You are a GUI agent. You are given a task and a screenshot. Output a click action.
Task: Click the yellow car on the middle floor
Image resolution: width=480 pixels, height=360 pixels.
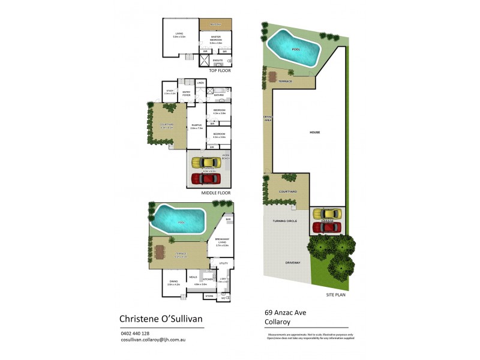tap(208, 163)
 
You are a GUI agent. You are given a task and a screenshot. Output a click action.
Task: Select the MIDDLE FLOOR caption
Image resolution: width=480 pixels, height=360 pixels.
tap(216, 193)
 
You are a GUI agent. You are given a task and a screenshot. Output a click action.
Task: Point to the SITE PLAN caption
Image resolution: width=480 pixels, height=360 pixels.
tap(336, 295)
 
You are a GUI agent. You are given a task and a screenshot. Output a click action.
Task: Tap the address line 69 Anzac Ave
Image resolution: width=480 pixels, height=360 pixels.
tap(286, 313)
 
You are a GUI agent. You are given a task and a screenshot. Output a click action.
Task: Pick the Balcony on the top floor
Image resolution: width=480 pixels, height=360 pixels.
tap(215, 23)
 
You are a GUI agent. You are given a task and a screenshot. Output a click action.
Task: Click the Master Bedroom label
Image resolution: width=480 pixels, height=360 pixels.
tap(215, 38)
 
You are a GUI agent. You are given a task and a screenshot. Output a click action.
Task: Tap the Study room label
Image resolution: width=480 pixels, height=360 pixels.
tap(169, 92)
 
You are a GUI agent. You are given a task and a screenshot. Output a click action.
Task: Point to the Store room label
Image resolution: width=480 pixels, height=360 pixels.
tap(209, 296)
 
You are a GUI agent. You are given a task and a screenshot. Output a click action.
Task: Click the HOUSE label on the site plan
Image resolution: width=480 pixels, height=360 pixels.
tap(314, 133)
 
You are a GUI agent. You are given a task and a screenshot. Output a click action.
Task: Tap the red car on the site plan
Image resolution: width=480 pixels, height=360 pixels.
tap(326, 227)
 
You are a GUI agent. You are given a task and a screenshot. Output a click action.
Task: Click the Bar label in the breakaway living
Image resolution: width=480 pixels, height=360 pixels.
tap(228, 220)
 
